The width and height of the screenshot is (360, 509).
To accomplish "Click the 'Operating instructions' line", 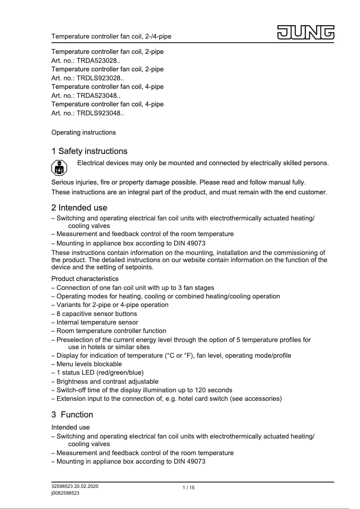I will point(83,132).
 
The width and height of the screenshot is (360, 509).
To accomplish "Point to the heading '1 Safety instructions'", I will point(89,151).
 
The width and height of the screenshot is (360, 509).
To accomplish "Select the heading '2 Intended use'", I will point(79,208).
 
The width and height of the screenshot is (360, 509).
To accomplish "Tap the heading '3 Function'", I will point(72,414).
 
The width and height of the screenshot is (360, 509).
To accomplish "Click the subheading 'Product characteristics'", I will point(85,279).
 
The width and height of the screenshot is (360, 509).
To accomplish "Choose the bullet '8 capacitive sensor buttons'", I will point(97,314).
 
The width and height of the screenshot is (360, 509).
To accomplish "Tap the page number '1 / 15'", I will point(189,488).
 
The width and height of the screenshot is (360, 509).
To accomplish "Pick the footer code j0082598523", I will point(66,493).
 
